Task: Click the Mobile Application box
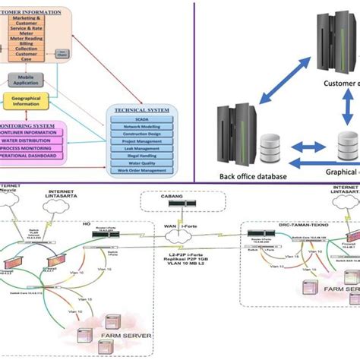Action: pyautogui.click(x=24, y=79)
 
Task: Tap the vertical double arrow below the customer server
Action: pyautogui.click(x=348, y=107)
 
